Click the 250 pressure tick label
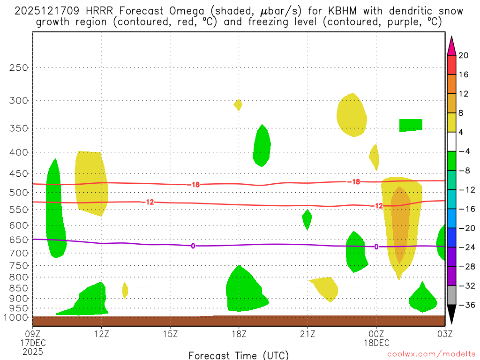tap(19, 67)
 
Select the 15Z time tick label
tap(170, 334)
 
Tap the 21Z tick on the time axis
tap(307, 334)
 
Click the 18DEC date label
tap(376, 343)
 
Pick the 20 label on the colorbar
tap(464, 55)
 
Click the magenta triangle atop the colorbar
tap(451, 45)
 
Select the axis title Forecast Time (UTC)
tap(239, 355)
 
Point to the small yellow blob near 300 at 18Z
tap(238, 105)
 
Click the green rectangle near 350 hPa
tap(411, 125)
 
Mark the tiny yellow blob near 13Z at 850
tap(125, 290)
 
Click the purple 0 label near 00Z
tap(376, 247)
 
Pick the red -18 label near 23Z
tap(354, 182)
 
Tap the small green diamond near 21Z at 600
tap(307, 219)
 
